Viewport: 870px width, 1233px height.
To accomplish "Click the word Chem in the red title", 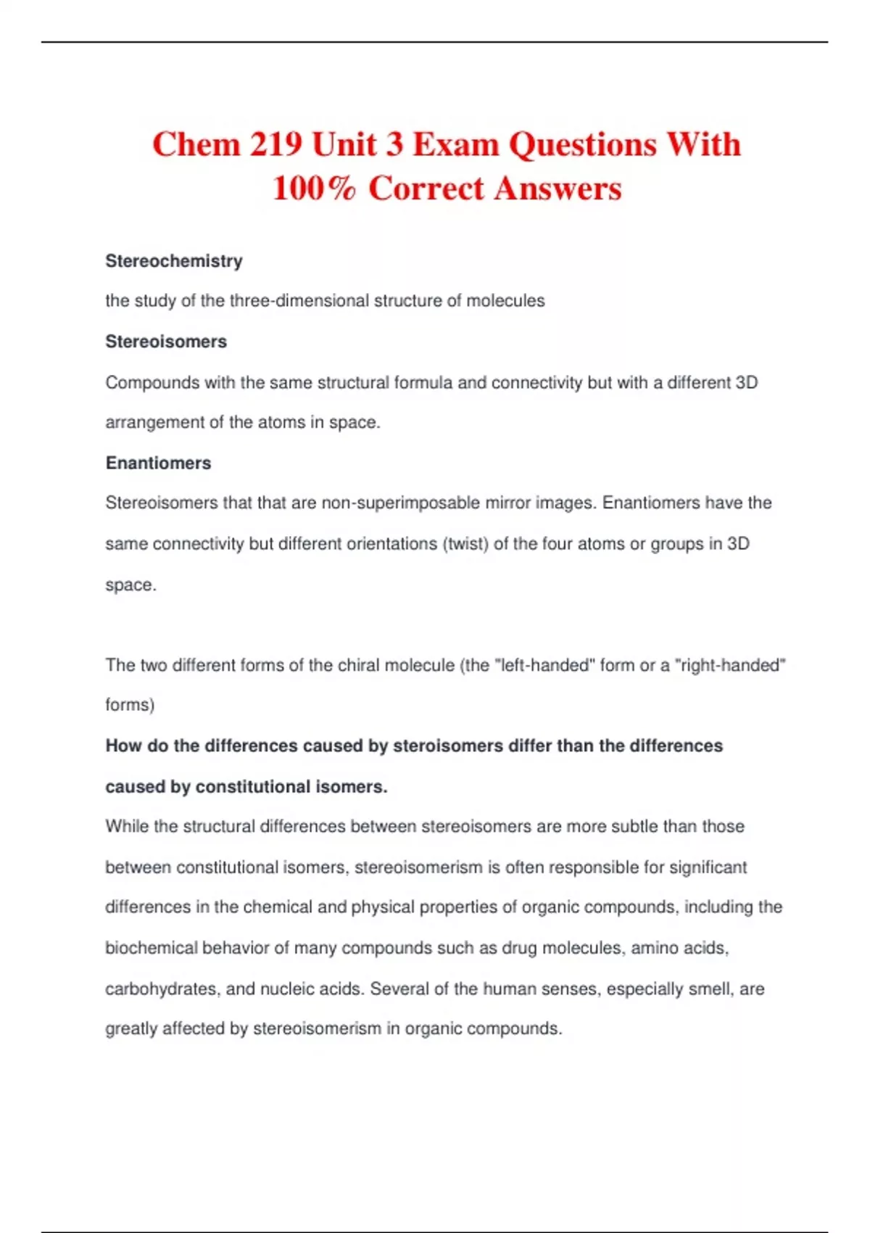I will point(196,144).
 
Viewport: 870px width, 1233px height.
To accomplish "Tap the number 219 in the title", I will point(276,144).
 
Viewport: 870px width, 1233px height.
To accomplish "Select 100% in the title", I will point(315,189).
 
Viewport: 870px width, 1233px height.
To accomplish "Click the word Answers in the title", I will point(558,189).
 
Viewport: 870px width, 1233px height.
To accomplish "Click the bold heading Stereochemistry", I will point(174,261).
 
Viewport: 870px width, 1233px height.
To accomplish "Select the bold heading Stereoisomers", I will point(166,342).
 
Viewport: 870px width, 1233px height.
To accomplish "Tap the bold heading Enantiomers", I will point(158,463).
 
